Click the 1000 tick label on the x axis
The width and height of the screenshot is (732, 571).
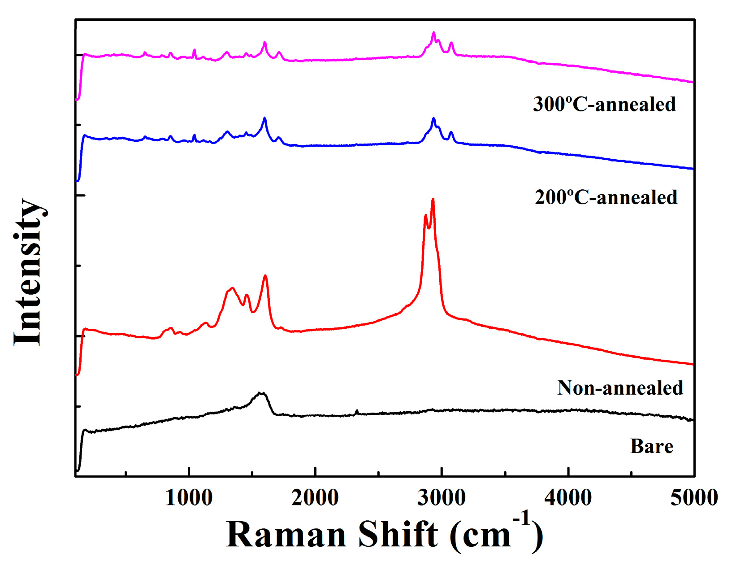click(189, 498)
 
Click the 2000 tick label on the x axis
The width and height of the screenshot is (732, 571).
click(315, 498)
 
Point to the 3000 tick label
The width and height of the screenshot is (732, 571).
click(442, 498)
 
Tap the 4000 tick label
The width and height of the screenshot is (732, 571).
click(568, 498)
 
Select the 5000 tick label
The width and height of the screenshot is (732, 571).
click(694, 498)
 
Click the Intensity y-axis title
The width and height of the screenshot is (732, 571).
click(29, 272)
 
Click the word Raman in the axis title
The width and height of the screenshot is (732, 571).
click(286, 535)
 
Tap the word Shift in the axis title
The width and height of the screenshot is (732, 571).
click(398, 535)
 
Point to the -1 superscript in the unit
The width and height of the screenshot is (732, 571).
click(521, 519)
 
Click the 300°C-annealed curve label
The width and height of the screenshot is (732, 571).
click(604, 104)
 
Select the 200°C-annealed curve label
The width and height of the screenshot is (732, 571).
click(606, 197)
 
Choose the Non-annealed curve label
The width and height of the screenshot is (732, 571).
click(620, 388)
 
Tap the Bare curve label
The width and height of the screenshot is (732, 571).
click(652, 446)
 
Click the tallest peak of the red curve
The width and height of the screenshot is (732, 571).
click(433, 200)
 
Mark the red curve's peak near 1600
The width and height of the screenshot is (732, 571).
click(265, 276)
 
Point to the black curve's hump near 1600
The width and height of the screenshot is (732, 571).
click(261, 393)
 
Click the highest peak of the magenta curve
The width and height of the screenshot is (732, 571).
click(433, 33)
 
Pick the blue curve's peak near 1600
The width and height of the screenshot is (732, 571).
click(264, 118)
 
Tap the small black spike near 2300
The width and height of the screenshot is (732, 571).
click(357, 411)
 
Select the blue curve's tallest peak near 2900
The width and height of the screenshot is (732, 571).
click(433, 118)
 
